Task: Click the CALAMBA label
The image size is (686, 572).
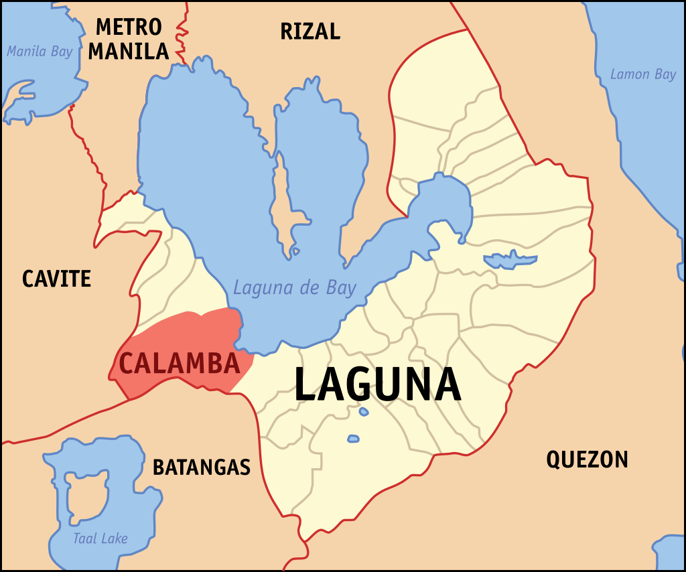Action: click(180, 363)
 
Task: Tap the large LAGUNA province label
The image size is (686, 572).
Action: click(378, 384)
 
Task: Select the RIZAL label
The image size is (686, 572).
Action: click(310, 31)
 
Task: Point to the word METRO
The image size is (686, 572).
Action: click(129, 27)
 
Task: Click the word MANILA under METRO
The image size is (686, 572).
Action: click(129, 51)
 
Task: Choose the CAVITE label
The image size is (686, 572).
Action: click(56, 279)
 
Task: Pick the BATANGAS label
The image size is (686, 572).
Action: click(202, 467)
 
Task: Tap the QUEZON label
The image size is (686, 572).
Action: click(587, 459)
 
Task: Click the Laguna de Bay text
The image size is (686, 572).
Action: click(295, 288)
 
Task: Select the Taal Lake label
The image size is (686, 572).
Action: click(100, 539)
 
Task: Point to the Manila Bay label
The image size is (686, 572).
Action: click(39, 52)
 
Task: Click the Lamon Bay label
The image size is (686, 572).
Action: click(643, 74)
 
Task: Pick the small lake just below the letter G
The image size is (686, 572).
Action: click(364, 411)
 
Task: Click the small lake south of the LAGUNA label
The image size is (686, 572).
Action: click(353, 439)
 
